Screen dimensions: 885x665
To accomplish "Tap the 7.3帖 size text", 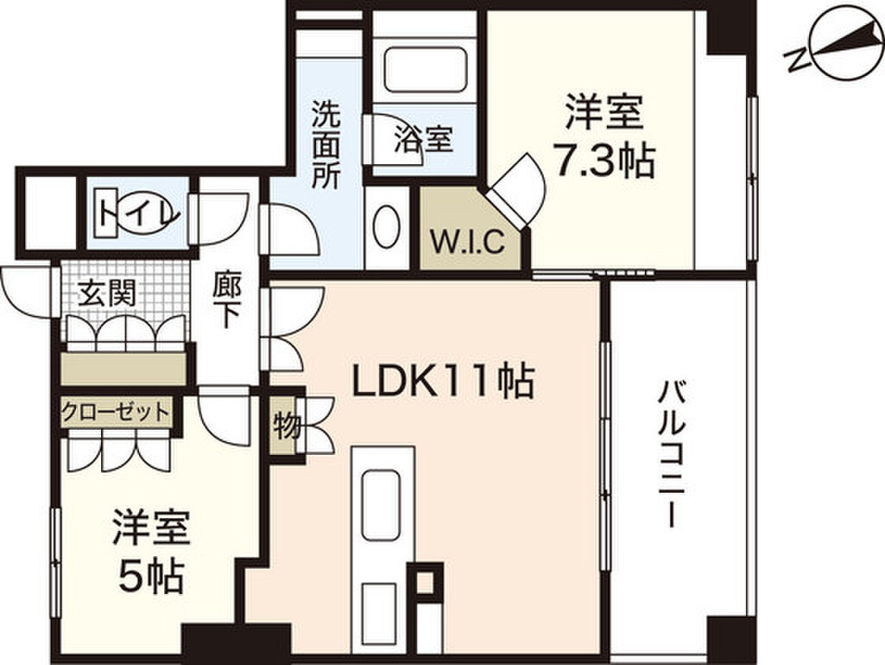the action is [603, 162].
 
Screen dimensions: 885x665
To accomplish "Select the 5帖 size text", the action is [151, 576].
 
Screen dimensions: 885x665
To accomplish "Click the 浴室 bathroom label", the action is [423, 139].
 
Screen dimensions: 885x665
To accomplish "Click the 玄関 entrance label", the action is [107, 293].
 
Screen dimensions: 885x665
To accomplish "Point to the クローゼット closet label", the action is [116, 412].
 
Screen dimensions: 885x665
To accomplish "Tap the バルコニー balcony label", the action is [671, 455].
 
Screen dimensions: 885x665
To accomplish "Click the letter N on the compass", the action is [797, 58].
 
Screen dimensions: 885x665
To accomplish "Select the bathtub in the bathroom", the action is [426, 69].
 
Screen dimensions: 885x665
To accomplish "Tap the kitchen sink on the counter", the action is [381, 505].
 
